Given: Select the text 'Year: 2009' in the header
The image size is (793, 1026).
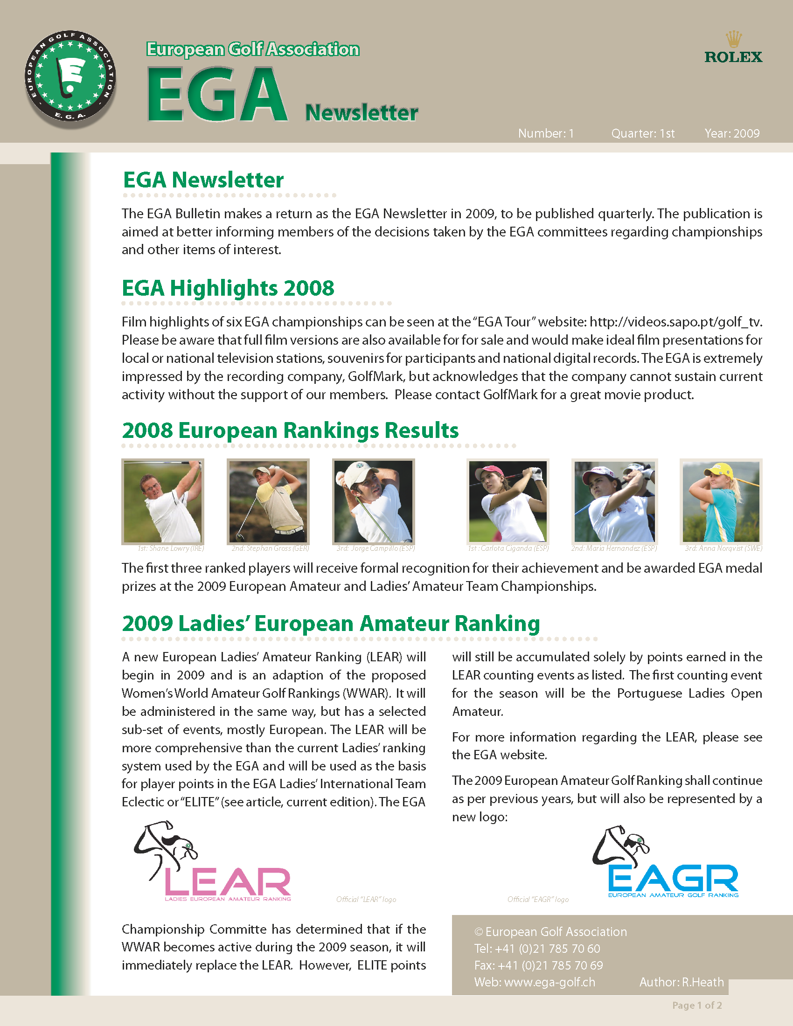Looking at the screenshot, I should pos(731,134).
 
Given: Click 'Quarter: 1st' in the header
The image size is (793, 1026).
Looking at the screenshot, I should pos(643,134).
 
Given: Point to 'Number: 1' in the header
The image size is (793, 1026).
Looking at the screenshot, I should pos(546,134).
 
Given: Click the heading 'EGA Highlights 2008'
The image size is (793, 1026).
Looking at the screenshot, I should pos(228,288).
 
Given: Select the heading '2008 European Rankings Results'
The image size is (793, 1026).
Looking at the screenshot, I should pos(290,430).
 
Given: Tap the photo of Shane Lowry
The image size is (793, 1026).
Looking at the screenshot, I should pos(162,501).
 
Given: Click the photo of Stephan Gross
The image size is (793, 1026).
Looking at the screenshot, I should pos(268,501).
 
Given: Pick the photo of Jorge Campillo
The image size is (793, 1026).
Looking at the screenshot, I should pos(374,501).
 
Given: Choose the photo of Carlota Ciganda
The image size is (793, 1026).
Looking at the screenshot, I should pos(508,501).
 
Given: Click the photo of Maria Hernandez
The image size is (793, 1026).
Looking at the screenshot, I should pos(614,501).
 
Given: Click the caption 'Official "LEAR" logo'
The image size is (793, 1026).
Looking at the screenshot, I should pos(366,900).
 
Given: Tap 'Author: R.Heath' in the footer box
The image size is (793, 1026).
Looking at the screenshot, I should pos(681,982).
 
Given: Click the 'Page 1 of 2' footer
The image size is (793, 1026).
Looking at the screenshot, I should pos(697,1005).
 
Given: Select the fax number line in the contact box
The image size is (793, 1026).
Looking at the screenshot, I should pos(538,965).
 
